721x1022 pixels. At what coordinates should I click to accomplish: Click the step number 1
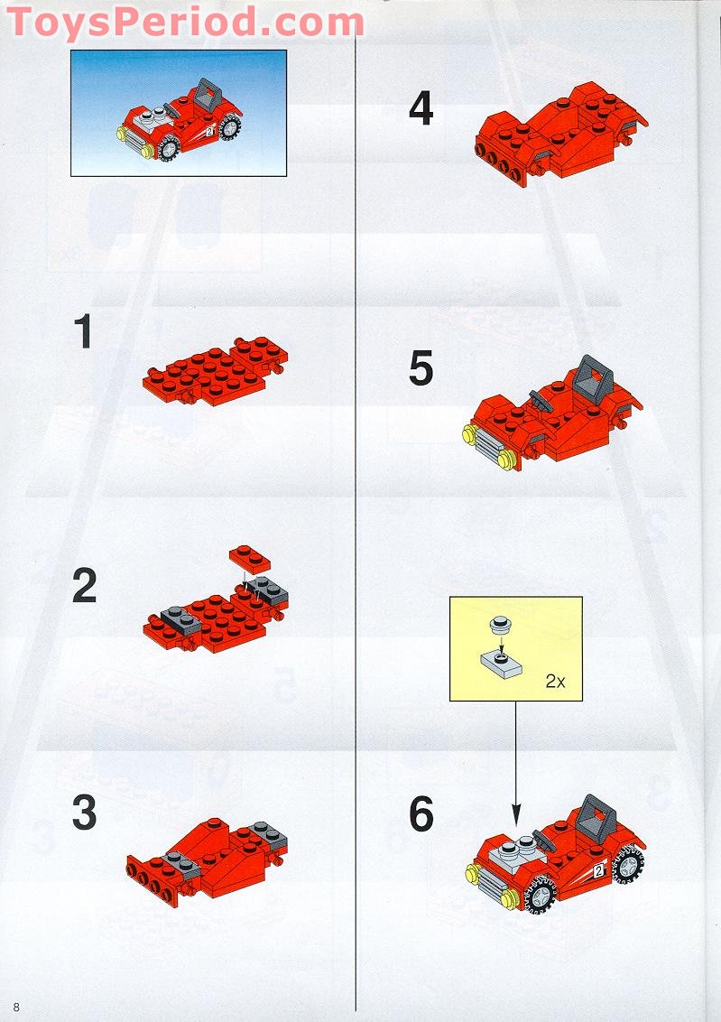click(x=83, y=331)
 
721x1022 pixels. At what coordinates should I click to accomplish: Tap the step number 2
click(x=84, y=587)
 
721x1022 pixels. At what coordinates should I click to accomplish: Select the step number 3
click(x=84, y=813)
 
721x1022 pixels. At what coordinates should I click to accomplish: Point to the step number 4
click(x=421, y=110)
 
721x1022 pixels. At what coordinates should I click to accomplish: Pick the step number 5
click(x=421, y=369)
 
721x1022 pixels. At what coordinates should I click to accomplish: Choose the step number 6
click(x=421, y=815)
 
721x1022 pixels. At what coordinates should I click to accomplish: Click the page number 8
click(x=16, y=1007)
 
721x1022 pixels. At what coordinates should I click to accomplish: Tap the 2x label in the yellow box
click(x=554, y=682)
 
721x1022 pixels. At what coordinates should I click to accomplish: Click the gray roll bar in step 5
click(x=591, y=375)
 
